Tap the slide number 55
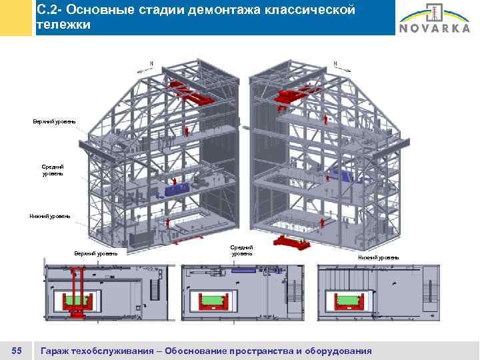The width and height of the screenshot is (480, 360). tap(18, 351)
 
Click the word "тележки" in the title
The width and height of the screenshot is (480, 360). tap(63, 25)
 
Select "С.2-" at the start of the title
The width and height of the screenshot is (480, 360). tap(50, 10)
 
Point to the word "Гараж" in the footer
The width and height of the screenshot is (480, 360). tap(57, 351)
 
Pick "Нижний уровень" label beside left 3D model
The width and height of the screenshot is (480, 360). tap(50, 215)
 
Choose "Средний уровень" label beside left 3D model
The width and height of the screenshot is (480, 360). tap(53, 169)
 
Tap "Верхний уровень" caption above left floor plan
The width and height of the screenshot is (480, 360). tap(96, 253)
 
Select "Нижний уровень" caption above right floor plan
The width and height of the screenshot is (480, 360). tap(379, 257)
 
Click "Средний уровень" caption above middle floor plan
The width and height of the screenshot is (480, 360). tap(242, 250)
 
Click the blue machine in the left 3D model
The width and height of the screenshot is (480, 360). tap(176, 189)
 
